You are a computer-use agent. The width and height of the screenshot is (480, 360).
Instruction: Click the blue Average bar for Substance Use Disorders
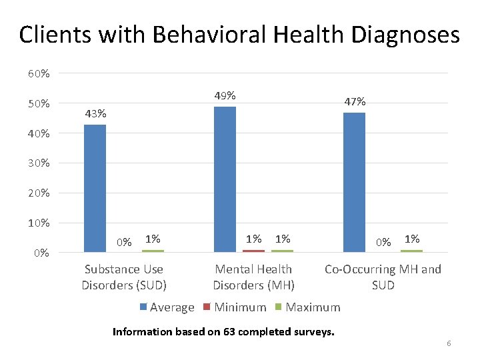click(95, 188)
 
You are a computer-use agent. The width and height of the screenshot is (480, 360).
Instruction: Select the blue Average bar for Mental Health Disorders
click(225, 179)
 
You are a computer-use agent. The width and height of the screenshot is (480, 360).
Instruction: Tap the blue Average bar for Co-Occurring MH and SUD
click(354, 182)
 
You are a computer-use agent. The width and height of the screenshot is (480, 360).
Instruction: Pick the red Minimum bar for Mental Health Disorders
click(253, 251)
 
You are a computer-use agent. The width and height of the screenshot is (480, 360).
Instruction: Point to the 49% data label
click(225, 95)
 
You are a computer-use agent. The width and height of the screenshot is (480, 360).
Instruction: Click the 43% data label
click(95, 113)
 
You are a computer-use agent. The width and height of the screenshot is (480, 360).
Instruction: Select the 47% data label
click(355, 101)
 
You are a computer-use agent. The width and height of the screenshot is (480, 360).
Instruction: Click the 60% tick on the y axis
click(38, 73)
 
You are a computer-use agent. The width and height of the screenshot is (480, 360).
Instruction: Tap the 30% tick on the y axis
click(38, 163)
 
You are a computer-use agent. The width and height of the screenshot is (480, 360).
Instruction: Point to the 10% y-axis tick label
click(38, 223)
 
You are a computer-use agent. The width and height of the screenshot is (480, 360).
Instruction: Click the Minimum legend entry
click(236, 307)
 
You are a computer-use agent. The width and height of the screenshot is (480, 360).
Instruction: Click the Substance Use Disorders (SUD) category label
click(124, 277)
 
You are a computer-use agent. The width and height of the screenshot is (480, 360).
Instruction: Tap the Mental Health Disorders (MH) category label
click(253, 277)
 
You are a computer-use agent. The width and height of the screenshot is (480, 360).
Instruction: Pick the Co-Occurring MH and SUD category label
click(383, 277)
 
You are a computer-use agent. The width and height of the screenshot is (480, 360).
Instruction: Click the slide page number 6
click(449, 343)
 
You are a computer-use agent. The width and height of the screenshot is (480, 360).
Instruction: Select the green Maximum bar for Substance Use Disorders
click(153, 251)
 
